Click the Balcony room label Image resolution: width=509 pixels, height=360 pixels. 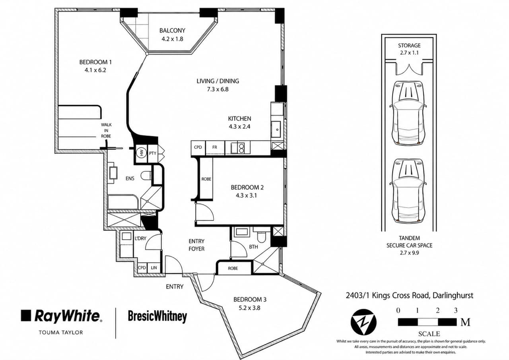coord(172,31)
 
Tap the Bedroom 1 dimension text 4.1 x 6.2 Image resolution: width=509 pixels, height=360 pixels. coord(93,70)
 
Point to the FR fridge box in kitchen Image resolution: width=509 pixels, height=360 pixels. coord(215,147)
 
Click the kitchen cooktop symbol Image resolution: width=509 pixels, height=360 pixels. coord(237,148)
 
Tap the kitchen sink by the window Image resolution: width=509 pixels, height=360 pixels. coord(277,129)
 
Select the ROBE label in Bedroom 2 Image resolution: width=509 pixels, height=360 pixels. coord(206,179)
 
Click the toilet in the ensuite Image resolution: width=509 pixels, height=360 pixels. coord(146,175)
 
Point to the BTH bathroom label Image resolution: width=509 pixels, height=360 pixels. coord(253,247)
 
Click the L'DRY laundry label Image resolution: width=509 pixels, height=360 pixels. coord(140,238)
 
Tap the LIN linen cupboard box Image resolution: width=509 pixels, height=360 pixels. coord(154,268)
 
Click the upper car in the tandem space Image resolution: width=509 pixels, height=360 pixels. coord(408,113)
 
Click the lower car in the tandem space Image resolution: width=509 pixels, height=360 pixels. coord(408,190)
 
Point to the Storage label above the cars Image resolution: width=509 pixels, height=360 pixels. coord(409,46)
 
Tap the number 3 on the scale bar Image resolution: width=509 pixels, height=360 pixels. coord(456,311)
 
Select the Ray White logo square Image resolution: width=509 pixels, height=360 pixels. coord(26,315)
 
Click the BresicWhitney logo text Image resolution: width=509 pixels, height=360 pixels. coord(157,316)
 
